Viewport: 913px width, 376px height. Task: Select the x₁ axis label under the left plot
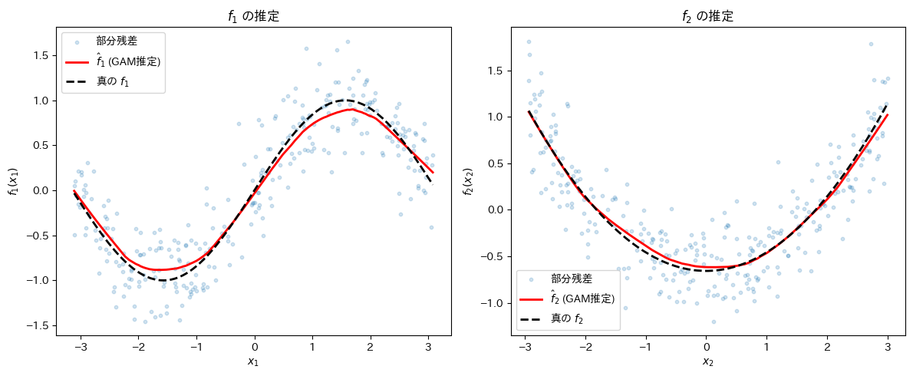point(254,362)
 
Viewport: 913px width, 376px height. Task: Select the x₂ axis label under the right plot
point(707,362)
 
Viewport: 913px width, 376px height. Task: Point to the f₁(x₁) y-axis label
point(13,181)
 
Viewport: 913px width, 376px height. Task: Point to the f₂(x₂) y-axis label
point(467,181)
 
